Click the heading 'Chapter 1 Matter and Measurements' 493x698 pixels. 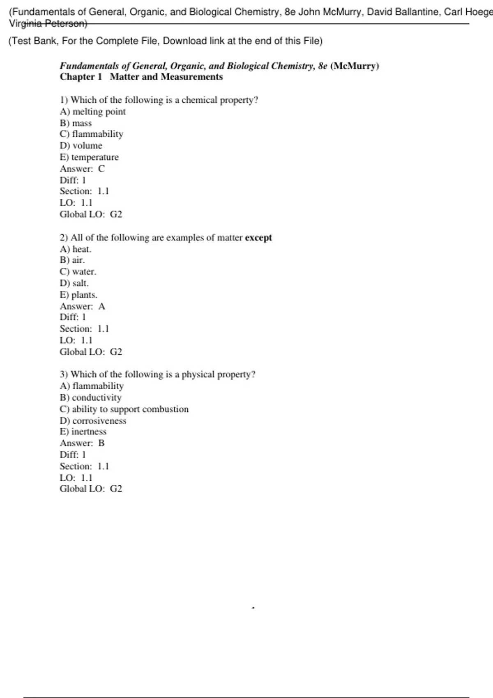[x=141, y=77]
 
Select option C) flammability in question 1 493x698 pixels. [x=91, y=134]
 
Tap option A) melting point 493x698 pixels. [x=92, y=111]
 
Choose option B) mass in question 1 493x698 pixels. [x=76, y=123]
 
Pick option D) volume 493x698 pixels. [x=81, y=145]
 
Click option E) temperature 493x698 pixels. [x=89, y=157]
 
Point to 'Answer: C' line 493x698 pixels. [x=82, y=168]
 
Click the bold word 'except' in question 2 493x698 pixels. [x=258, y=237]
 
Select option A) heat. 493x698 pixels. [x=76, y=249]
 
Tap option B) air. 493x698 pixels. [x=72, y=260]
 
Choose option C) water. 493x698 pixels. [x=78, y=271]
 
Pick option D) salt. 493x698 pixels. [x=74, y=283]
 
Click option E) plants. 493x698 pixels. [x=78, y=294]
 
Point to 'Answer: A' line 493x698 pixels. [x=82, y=306]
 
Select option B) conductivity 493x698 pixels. [x=90, y=397]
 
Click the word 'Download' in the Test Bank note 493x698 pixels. [x=185, y=41]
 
